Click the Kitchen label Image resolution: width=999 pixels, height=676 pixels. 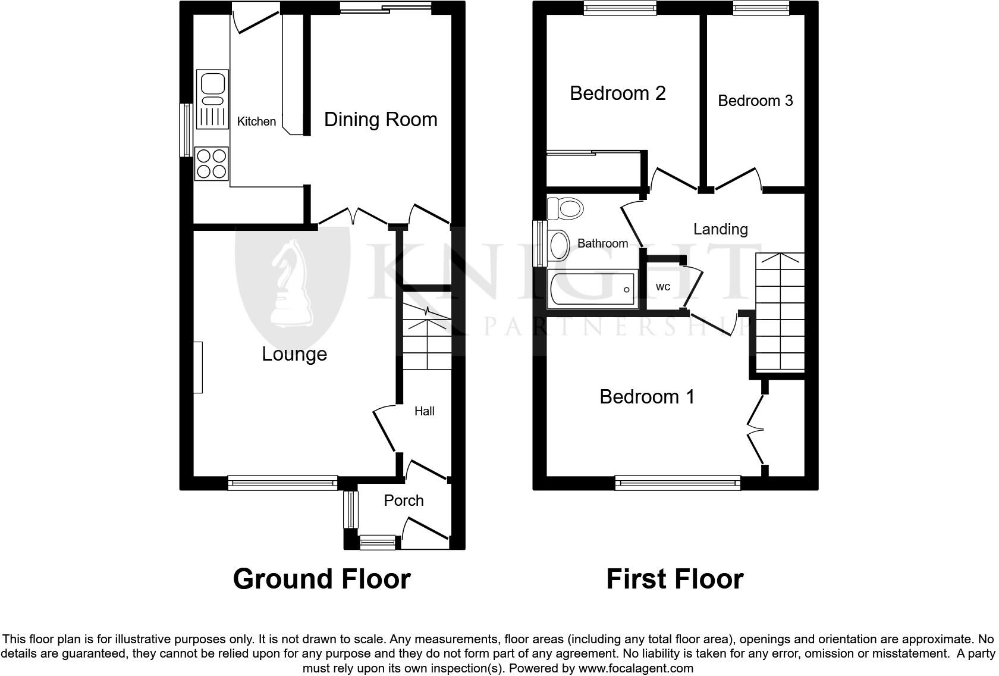(x=256, y=121)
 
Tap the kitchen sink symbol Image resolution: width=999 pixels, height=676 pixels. (x=213, y=100)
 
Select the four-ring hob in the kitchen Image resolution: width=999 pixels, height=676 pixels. (x=212, y=164)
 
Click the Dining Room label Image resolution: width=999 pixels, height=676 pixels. (x=381, y=120)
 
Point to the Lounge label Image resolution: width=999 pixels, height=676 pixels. (x=294, y=354)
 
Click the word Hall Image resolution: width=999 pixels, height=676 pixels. (x=424, y=411)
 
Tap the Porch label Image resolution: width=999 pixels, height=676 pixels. (x=404, y=500)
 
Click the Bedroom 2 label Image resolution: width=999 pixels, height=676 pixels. (x=617, y=93)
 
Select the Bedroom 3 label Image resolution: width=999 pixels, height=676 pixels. (x=755, y=101)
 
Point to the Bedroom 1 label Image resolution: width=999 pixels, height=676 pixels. (x=647, y=397)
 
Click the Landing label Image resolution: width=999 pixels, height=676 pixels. (x=720, y=229)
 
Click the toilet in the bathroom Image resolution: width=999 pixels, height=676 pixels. (x=564, y=209)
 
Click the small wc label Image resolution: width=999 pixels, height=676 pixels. (x=662, y=287)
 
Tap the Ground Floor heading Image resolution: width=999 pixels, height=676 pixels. (x=322, y=578)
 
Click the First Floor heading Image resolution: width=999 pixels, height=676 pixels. (x=674, y=578)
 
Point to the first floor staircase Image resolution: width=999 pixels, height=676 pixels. (x=780, y=312)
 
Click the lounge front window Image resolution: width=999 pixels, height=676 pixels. (x=282, y=483)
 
